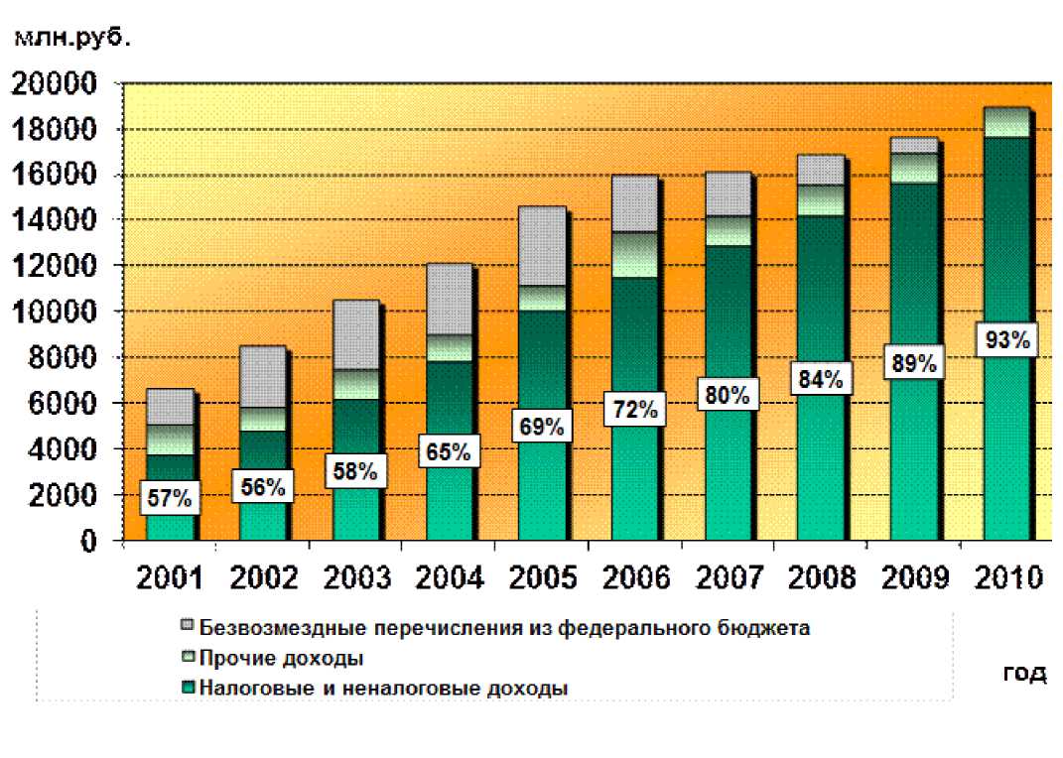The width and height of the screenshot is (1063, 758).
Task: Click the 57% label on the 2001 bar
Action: point(169,498)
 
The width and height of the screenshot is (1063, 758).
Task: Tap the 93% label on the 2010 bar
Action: point(1006,340)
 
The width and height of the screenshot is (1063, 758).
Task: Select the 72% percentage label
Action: point(634,409)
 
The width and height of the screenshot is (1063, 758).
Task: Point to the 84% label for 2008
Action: point(820,379)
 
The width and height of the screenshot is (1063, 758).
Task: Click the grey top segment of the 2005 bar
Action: point(541,246)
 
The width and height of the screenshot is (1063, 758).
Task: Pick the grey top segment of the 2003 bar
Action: point(355,334)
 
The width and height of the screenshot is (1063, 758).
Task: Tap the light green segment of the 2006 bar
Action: point(634,255)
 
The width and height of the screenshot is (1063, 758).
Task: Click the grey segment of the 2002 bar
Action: point(262,376)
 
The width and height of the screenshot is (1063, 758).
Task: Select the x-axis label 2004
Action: point(449,577)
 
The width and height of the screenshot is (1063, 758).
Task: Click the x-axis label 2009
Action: point(914,577)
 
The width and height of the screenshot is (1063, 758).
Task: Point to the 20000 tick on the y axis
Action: point(55,84)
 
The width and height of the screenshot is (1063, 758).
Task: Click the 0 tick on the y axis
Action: point(88,542)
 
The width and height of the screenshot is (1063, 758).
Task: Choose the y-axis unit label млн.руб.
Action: point(72,40)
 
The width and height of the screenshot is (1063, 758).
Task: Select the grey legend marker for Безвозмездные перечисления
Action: point(189,627)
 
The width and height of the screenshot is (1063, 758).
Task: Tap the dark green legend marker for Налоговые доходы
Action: point(189,687)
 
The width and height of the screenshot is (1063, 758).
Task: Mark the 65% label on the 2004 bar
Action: point(449,453)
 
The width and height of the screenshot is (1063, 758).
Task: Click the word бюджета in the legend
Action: point(768,627)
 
